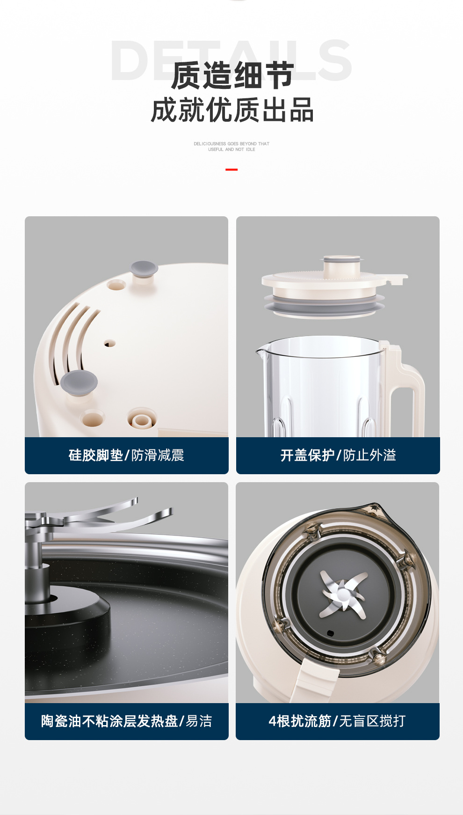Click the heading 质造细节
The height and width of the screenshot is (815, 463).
coord(232,75)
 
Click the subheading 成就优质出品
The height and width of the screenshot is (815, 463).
coord(232,110)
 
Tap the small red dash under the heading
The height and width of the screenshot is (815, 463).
coord(231,169)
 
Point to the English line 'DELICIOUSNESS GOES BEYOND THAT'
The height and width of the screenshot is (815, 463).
coord(231,144)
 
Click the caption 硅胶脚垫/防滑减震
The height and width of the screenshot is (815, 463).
coord(126,455)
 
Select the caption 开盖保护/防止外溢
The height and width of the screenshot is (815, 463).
coord(338,455)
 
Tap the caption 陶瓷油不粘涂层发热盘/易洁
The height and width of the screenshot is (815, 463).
coord(126,721)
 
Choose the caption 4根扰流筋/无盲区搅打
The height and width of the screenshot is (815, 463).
coord(337,721)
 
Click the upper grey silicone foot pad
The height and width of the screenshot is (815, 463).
coord(144,269)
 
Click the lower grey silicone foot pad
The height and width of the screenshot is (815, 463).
coord(79,382)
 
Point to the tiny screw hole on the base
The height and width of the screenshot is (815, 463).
coord(110,344)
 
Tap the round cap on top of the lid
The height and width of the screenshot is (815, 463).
coord(342,265)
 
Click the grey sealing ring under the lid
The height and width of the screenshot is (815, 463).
coord(325,304)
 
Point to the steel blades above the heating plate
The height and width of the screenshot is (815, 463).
coord(98,515)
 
